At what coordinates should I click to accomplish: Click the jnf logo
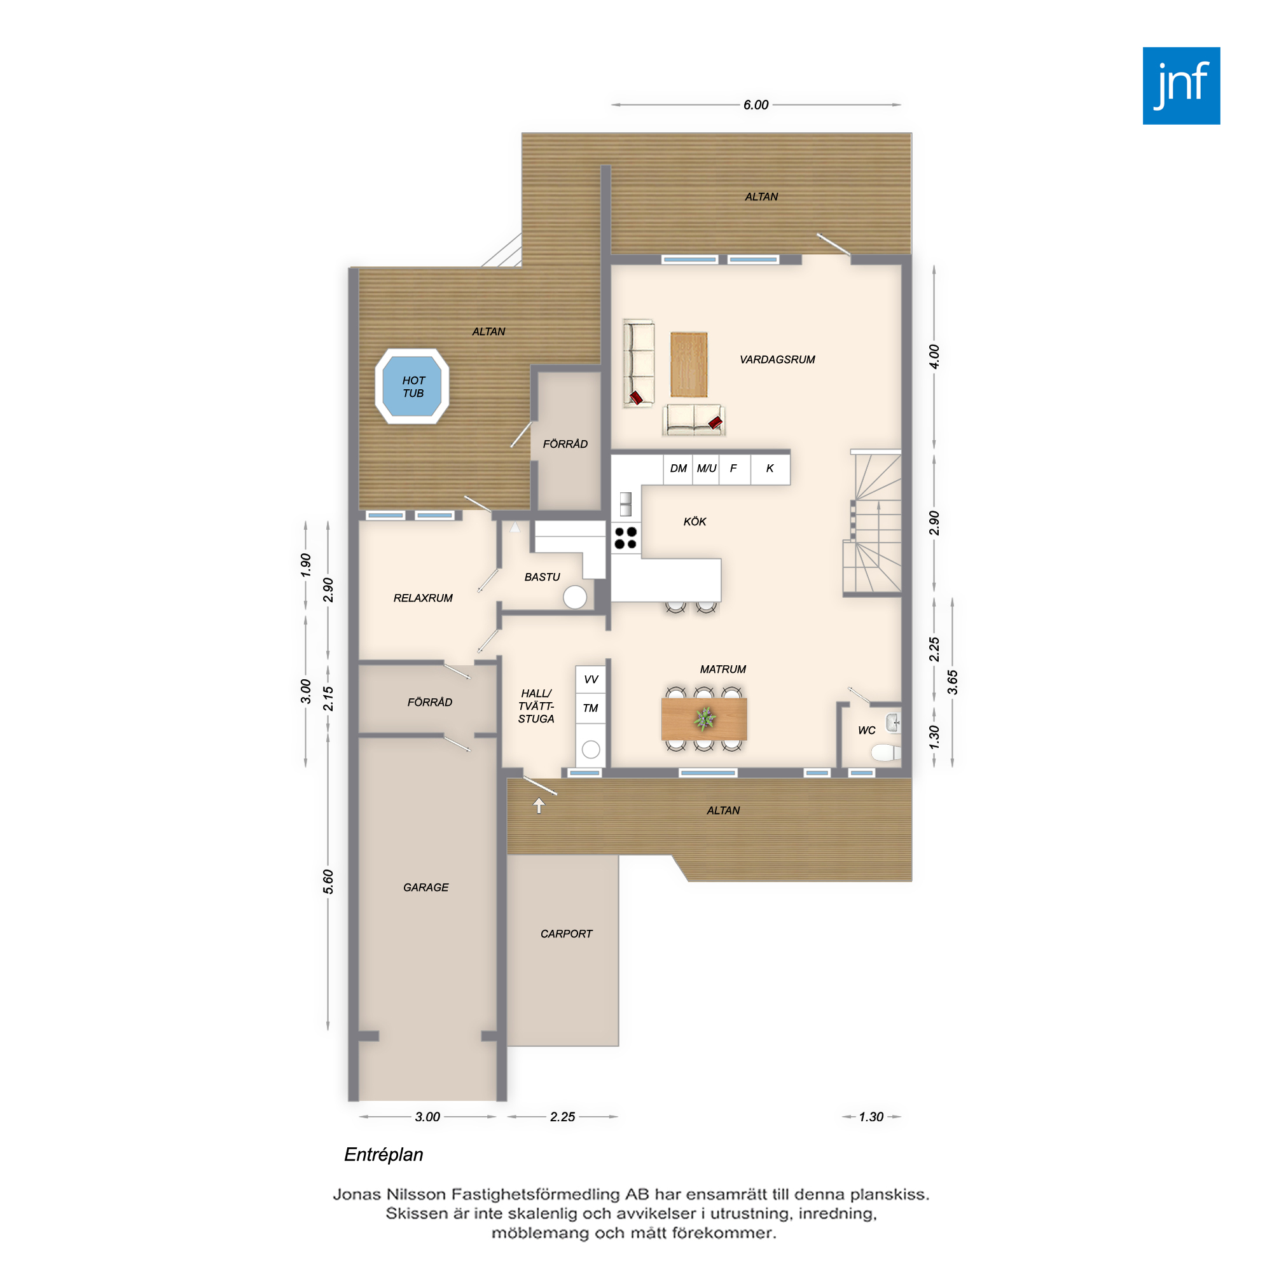[x=1181, y=86]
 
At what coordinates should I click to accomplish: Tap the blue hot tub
[x=412, y=387]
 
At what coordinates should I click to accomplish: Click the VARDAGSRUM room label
[x=777, y=359]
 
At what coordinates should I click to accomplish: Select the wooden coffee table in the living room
[x=689, y=364]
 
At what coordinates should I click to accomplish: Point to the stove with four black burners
[x=625, y=537]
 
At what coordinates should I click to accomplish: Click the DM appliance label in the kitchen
[x=678, y=468]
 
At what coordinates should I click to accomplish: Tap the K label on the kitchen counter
[x=770, y=468]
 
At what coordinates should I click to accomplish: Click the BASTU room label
[x=542, y=577]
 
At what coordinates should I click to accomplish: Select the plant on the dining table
[x=705, y=718]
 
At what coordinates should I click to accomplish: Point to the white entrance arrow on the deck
[x=539, y=805]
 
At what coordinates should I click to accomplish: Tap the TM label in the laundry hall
[x=590, y=708]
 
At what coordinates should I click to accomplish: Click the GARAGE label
[x=425, y=887]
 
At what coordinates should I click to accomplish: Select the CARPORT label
[x=566, y=934]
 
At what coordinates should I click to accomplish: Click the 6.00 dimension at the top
[x=756, y=105]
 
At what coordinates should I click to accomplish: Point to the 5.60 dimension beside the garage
[x=328, y=881]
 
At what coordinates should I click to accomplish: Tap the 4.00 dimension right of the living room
[x=934, y=356]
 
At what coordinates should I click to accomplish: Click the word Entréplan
[x=384, y=1154]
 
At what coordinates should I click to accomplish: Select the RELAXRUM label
[x=423, y=598]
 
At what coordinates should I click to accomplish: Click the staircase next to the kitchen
[x=873, y=523]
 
